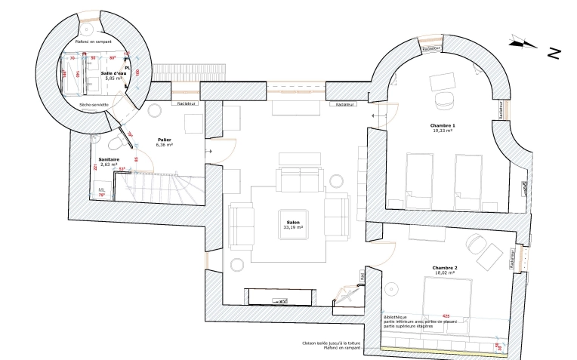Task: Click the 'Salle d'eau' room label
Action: [114, 72]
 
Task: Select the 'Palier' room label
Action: [165, 140]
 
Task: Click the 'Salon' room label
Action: [293, 222]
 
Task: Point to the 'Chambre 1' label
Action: [443, 125]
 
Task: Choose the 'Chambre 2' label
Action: [446, 268]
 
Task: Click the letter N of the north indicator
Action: [554, 53]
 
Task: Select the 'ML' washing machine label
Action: [101, 189]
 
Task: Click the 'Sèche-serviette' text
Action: [95, 104]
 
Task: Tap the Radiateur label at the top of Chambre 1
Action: [432, 48]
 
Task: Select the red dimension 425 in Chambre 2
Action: [446, 315]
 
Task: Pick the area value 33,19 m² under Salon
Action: [293, 227]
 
